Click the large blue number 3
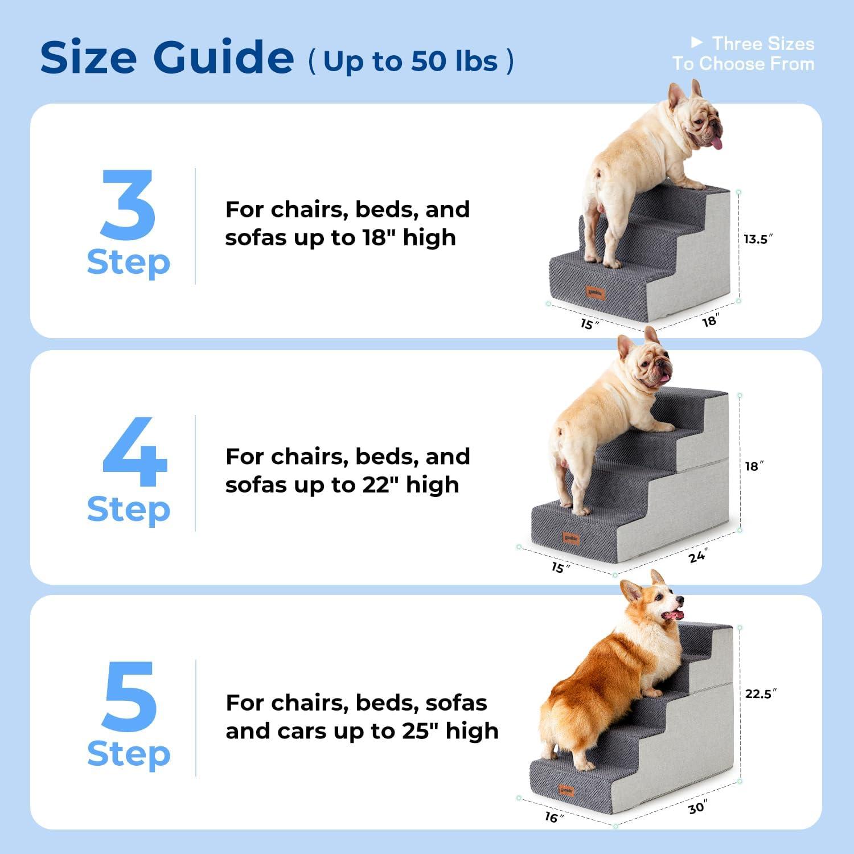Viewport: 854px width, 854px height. [128, 205]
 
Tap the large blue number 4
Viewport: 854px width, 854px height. [134, 452]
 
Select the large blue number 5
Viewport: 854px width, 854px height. [129, 697]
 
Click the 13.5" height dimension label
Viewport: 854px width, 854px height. [758, 239]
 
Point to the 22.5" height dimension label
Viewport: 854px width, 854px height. [761, 693]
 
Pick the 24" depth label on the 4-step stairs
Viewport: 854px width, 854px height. [698, 556]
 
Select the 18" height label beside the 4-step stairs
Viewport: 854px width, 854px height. [754, 466]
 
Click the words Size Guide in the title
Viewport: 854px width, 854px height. [167, 58]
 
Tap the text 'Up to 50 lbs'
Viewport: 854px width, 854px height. [410, 61]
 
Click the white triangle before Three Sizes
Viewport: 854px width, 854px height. [696, 42]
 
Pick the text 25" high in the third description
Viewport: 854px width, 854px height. [450, 730]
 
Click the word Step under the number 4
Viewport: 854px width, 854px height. [129, 509]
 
